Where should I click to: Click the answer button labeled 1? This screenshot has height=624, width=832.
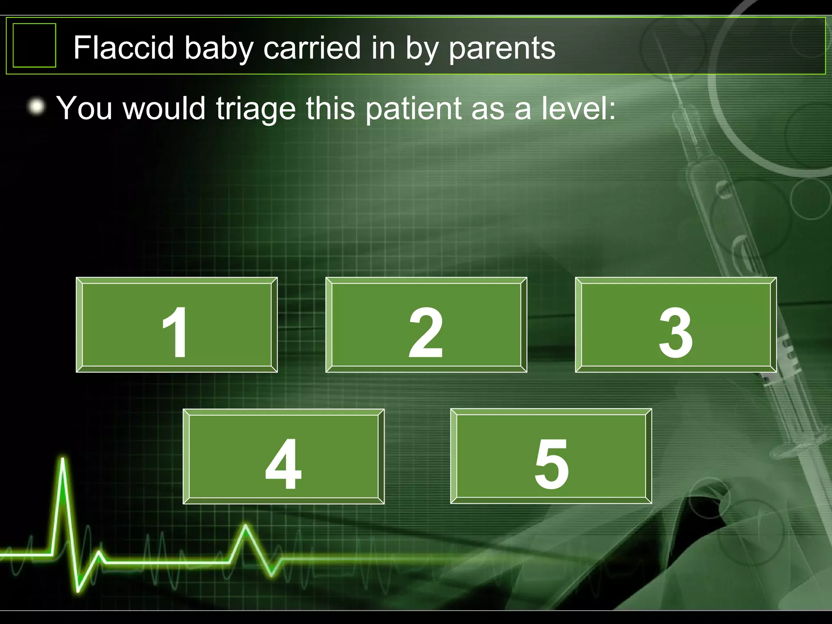(x=177, y=325)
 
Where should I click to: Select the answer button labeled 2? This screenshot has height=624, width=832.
(x=426, y=325)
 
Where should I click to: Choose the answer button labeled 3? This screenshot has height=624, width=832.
(x=676, y=325)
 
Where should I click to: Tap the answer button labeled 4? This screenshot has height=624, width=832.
(x=284, y=456)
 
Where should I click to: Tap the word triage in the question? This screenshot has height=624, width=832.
(x=256, y=109)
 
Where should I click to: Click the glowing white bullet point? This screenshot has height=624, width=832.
(x=37, y=107)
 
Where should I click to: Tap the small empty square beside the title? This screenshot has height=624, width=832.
(x=35, y=45)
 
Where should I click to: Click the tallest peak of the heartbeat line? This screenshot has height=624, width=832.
(x=63, y=459)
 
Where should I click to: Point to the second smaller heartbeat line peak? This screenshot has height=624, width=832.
(x=246, y=527)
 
